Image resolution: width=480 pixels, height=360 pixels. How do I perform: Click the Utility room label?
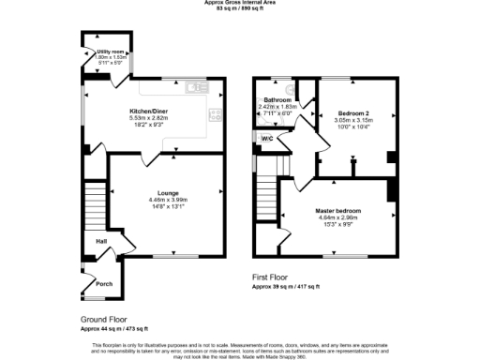tap(97, 52)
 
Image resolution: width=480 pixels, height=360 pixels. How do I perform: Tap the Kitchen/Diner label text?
tap(148, 112)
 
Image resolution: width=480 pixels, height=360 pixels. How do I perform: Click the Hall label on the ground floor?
tap(99, 241)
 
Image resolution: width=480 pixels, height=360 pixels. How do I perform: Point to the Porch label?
tap(103, 285)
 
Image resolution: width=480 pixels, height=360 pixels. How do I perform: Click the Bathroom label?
tap(277, 99)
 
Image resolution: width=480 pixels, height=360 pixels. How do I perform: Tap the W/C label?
tap(266, 140)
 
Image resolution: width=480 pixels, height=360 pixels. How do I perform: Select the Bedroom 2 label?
tap(353, 113)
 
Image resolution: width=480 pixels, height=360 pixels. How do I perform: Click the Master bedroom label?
tap(337, 211)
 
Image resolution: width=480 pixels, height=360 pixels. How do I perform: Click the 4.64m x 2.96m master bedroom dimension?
tap(337, 217)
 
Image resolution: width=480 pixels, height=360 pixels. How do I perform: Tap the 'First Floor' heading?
tap(274, 277)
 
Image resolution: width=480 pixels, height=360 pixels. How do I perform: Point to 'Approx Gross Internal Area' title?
tap(239, 3)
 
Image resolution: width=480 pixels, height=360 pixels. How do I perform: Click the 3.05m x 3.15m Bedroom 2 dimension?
tap(353, 120)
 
